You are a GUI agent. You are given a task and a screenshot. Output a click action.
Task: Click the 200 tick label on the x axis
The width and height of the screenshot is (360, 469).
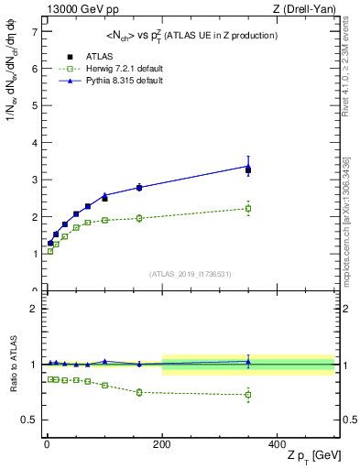(x=163, y=443)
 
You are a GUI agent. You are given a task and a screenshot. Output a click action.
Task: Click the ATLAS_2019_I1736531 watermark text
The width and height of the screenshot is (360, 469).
(x=190, y=274)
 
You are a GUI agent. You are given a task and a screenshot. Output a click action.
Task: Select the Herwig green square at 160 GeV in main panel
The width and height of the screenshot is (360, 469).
(x=139, y=218)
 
